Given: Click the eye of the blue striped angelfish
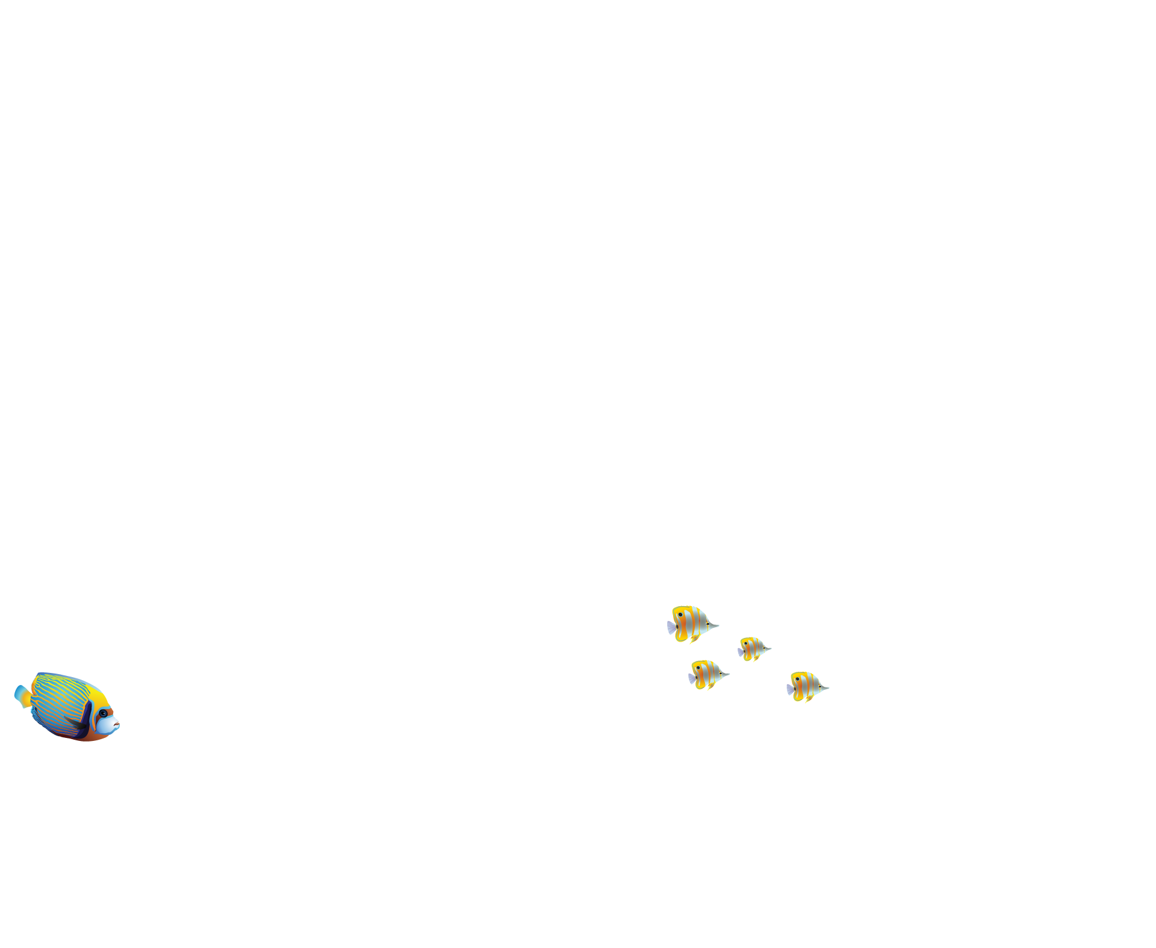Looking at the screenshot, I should pyautogui.click(x=104, y=713).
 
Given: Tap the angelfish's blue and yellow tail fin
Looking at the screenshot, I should pyautogui.click(x=22, y=696).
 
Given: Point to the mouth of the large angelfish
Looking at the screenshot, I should pyautogui.click(x=117, y=722).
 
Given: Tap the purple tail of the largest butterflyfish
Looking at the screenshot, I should pyautogui.click(x=671, y=628).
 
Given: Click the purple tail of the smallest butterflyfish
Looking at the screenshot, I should pyautogui.click(x=740, y=652).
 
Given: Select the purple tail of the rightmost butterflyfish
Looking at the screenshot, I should pyautogui.click(x=789, y=690).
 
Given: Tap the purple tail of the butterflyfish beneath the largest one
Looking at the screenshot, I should pyautogui.click(x=692, y=678).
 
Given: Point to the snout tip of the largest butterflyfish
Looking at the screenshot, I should pyautogui.click(x=718, y=627).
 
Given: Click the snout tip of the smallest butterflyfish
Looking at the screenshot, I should pyautogui.click(x=771, y=649).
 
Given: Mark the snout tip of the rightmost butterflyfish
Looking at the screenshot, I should pyautogui.click(x=828, y=687).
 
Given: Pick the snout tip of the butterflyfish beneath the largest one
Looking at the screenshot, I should pyautogui.click(x=729, y=674).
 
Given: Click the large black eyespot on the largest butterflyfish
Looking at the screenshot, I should pyautogui.click(x=680, y=615).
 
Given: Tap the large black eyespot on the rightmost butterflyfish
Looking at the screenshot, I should pyautogui.click(x=798, y=679).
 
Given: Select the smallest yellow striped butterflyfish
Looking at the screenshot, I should pyautogui.click(x=753, y=649).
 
